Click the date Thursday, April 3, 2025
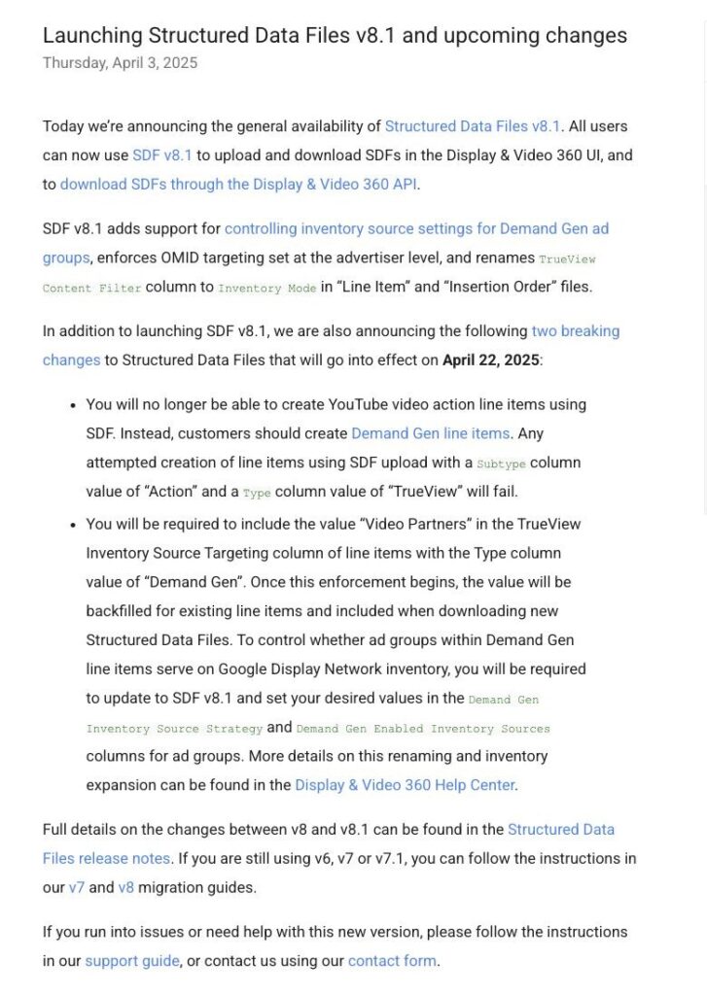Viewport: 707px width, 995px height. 120,63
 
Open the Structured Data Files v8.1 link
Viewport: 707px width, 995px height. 473,126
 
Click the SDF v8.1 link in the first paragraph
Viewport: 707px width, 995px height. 162,155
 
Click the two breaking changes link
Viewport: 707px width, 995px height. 575,331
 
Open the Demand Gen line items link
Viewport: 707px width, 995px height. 430,433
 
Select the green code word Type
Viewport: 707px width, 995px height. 257,494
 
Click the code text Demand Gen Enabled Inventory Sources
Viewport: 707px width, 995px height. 423,729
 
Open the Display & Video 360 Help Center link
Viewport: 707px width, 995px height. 406,785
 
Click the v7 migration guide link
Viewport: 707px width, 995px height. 76,888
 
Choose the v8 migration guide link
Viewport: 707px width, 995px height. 125,888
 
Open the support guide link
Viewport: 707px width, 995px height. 132,962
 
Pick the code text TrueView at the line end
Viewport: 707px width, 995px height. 567,259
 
